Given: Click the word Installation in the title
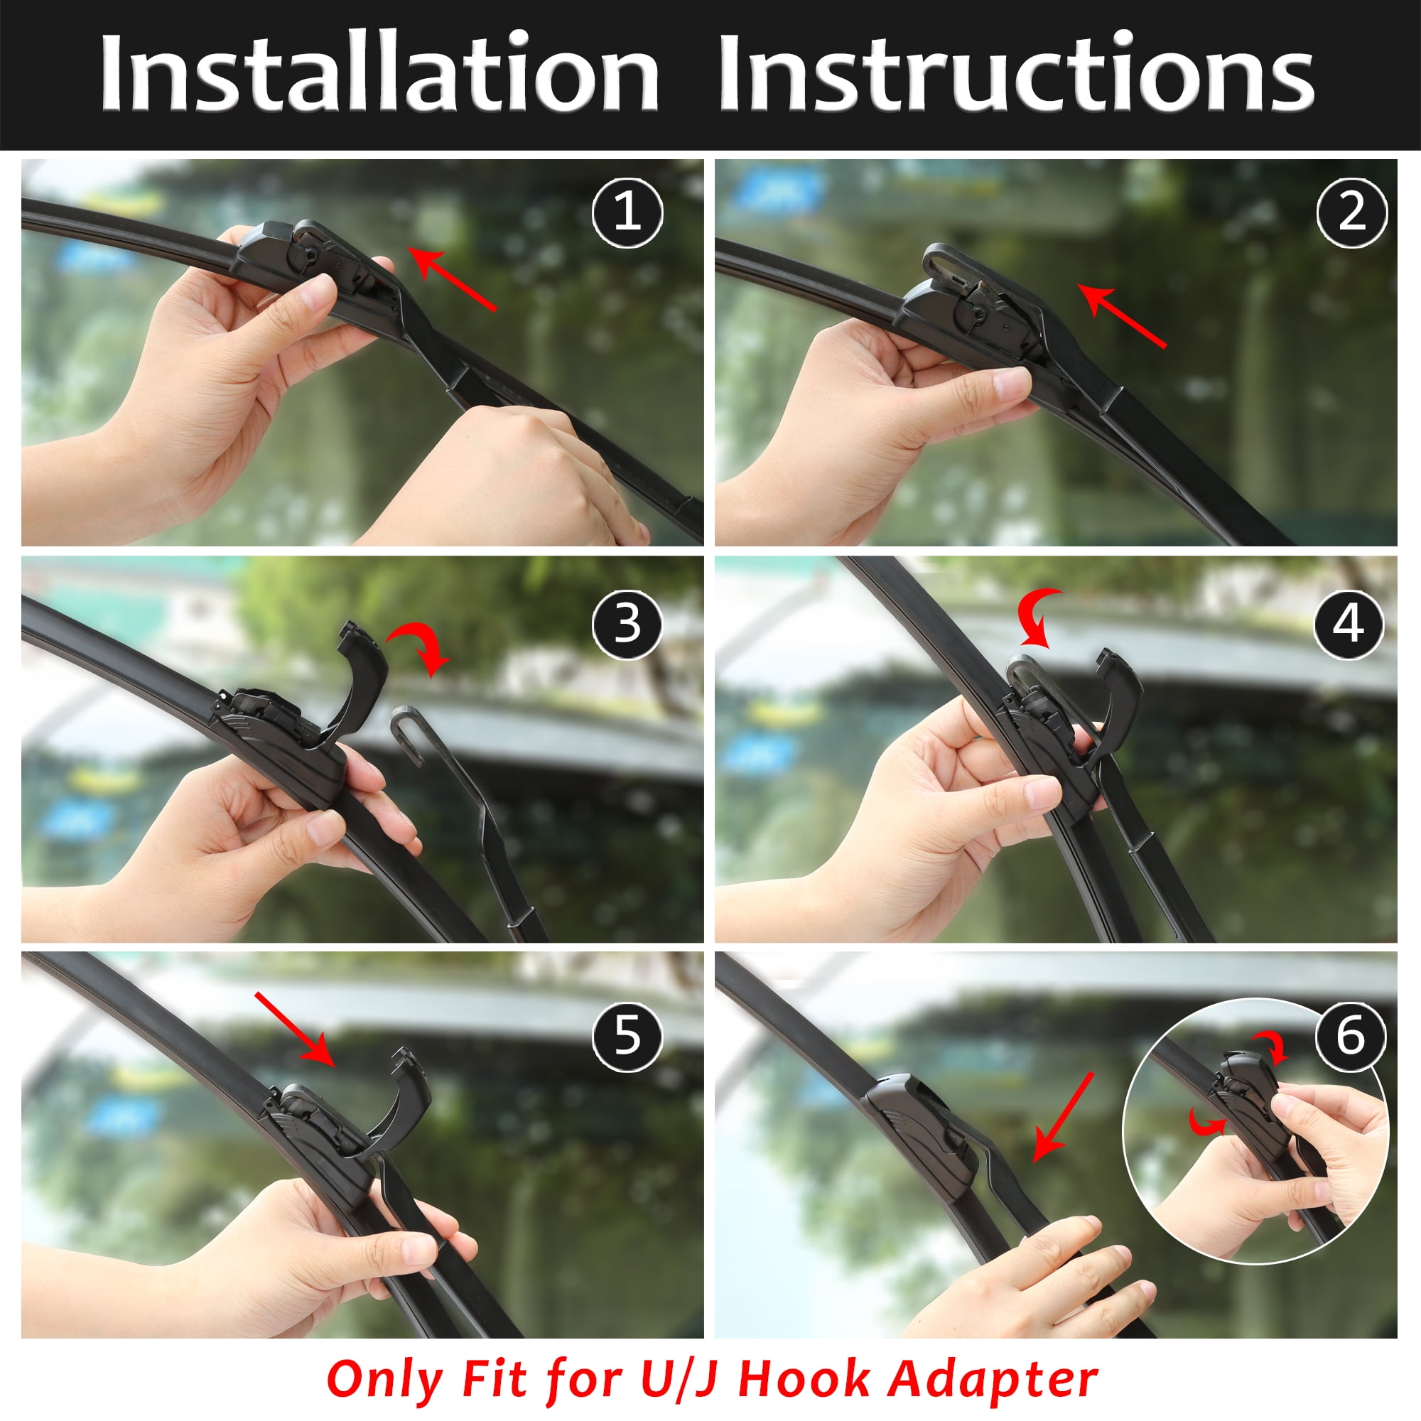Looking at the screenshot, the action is [379, 72].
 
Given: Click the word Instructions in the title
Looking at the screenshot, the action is [1017, 72].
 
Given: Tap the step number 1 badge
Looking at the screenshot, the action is [627, 212].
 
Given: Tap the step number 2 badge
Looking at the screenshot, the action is [1352, 212].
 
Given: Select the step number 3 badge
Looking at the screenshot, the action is [627, 624].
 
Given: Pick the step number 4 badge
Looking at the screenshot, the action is [1352, 624].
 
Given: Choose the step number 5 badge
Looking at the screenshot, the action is [627, 1036].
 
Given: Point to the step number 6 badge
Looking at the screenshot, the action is [1352, 1036].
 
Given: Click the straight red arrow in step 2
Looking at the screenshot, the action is [1123, 315].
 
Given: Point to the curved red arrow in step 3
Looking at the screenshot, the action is [421, 644].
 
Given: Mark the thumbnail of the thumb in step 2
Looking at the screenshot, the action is [1012, 383].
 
